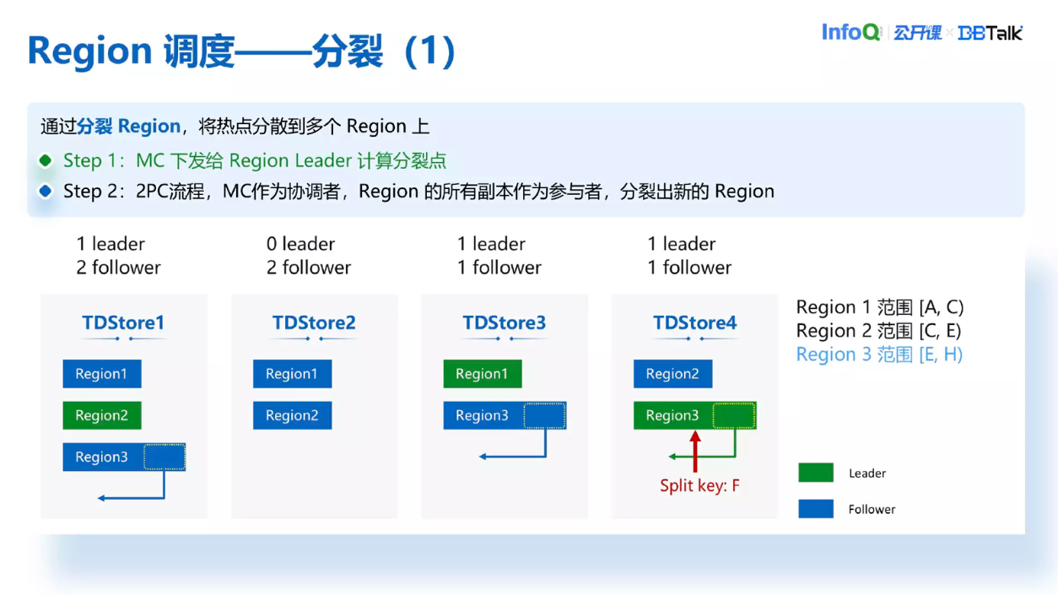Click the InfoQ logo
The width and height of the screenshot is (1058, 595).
coord(851,32)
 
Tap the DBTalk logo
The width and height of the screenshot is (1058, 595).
coord(991,33)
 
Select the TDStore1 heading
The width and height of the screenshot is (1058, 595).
coord(123,322)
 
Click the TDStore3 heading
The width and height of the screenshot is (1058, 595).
coord(504,322)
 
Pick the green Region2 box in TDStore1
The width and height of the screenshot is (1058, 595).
coord(102,415)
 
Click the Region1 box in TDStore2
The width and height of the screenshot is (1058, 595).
coord(292,374)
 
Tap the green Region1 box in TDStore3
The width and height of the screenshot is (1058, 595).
coord(483,374)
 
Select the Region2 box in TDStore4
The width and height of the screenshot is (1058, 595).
coord(672,374)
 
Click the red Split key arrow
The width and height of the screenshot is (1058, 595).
coord(695,452)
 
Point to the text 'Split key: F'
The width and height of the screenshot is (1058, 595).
coord(699,486)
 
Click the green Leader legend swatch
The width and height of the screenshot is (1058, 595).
coord(816,473)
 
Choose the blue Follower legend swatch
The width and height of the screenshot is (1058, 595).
coord(816,509)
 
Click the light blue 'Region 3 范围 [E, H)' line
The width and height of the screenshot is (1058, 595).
coord(879,354)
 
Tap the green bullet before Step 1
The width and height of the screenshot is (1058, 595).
coord(46,160)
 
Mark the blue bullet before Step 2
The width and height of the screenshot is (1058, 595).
coord(46,192)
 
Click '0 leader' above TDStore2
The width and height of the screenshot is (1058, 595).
coord(300,244)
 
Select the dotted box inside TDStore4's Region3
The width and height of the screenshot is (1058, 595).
coord(733,415)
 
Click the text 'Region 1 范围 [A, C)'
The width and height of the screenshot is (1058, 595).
coord(879,307)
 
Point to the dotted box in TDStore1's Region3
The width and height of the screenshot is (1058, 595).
coord(164,457)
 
